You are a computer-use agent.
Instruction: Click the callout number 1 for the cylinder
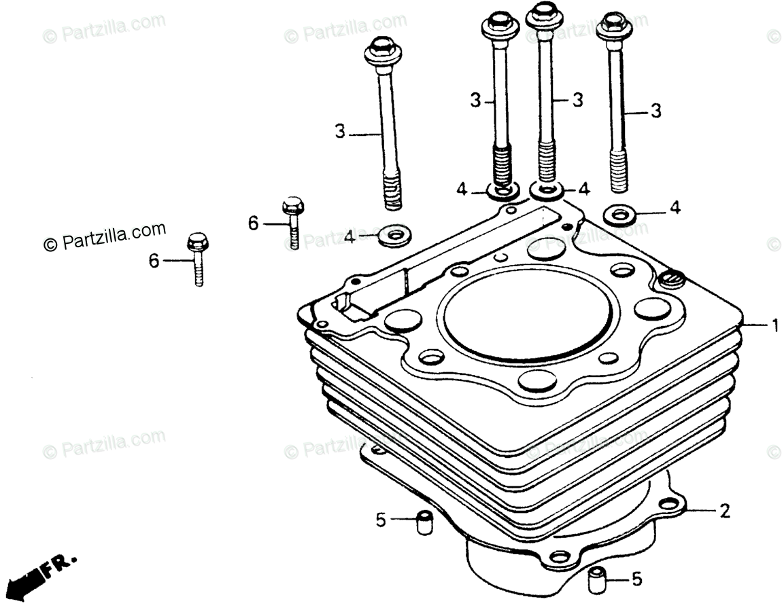pyautogui.click(x=774, y=326)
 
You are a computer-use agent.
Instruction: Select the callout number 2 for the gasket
pyautogui.click(x=725, y=511)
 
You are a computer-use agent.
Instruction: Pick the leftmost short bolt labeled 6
pyautogui.click(x=197, y=258)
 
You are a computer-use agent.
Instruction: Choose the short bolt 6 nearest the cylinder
pyautogui.click(x=292, y=221)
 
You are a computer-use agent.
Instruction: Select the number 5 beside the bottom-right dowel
pyautogui.click(x=636, y=579)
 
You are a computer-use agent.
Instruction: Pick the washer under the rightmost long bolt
pyautogui.click(x=620, y=214)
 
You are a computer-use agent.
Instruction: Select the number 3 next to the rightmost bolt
pyautogui.click(x=655, y=111)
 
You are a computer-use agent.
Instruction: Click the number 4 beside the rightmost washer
pyautogui.click(x=675, y=208)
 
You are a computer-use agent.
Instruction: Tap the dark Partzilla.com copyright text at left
pyautogui.click(x=105, y=236)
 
